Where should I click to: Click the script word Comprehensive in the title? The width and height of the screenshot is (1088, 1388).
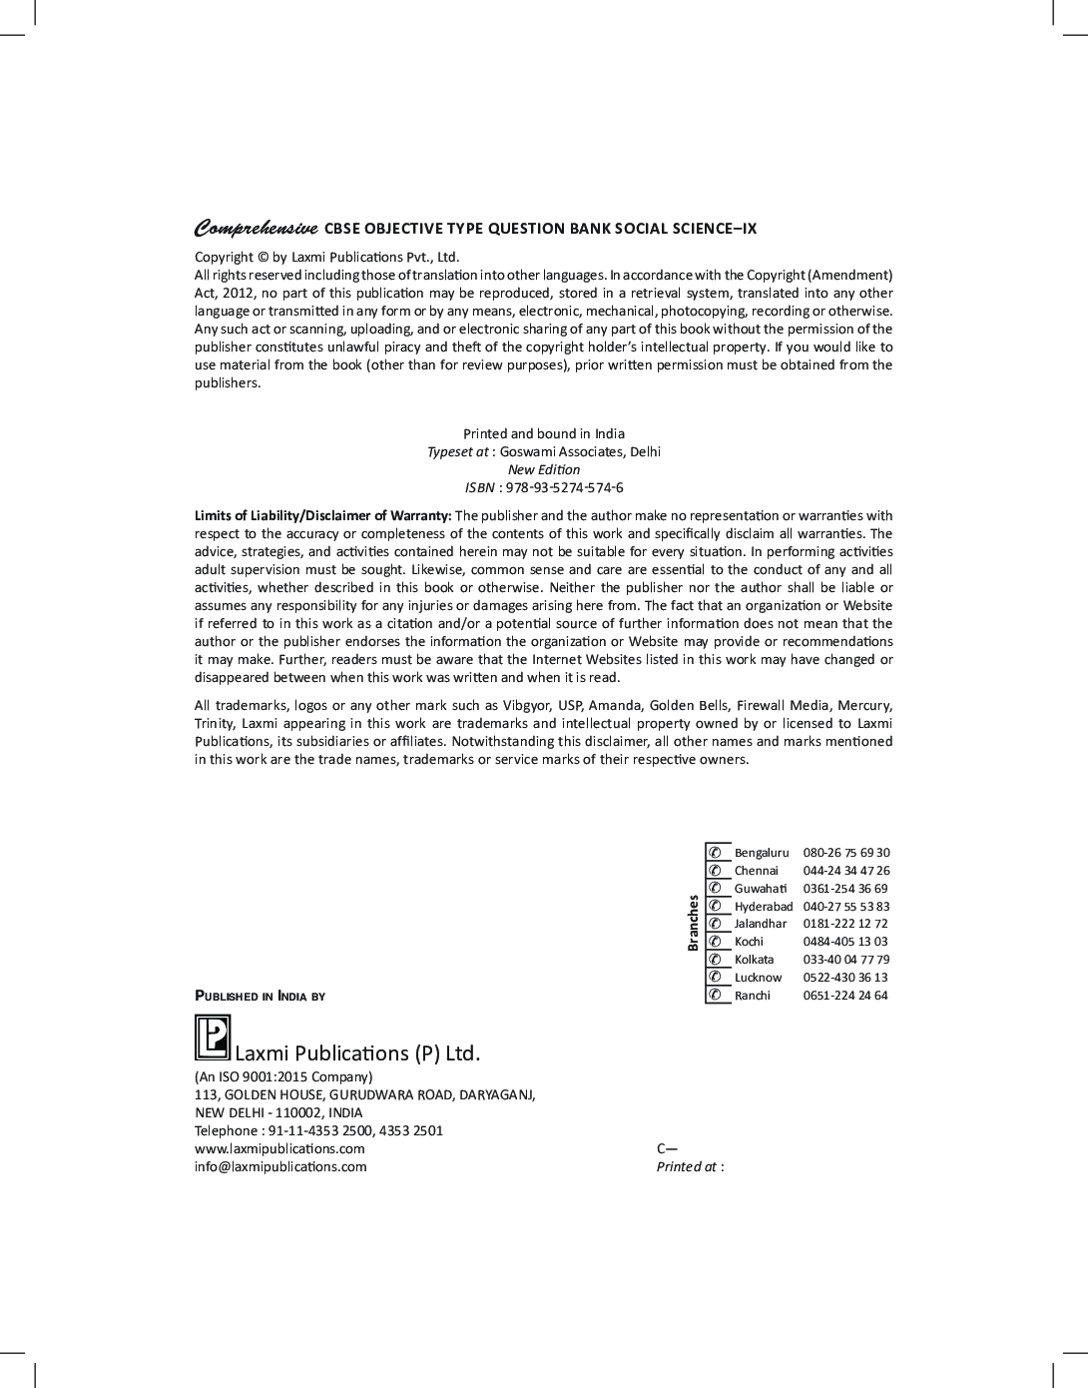[x=256, y=228]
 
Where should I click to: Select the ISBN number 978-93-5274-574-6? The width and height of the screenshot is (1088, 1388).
[x=565, y=487]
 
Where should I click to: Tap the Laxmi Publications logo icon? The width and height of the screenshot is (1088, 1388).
[x=212, y=1038]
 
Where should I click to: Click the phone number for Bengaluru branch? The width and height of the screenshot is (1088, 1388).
[x=845, y=853]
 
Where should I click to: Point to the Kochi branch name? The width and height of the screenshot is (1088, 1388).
[x=749, y=942]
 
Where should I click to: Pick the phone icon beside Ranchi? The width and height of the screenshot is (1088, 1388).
[x=715, y=996]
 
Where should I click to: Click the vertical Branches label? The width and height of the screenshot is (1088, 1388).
[x=693, y=923]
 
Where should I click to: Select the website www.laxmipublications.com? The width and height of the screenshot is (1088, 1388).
[x=279, y=1148]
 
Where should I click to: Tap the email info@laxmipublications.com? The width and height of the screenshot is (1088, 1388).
[x=280, y=1166]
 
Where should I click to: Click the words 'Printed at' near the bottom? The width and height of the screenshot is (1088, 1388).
[x=686, y=1166]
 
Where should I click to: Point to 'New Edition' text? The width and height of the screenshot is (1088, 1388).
[x=544, y=469]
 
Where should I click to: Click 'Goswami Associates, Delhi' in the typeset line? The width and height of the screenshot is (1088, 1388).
[x=580, y=451]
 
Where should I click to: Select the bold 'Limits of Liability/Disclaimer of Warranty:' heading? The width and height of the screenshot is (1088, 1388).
[x=322, y=515]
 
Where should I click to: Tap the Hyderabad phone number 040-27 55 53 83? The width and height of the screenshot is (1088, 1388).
[x=845, y=907]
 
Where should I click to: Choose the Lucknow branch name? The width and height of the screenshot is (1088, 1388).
[x=758, y=978]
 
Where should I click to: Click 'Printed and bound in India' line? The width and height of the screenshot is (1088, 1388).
[x=544, y=433]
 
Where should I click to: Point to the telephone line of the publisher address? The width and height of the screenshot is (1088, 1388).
[x=318, y=1130]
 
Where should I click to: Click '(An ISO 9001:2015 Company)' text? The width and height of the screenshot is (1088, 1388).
[x=283, y=1076]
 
